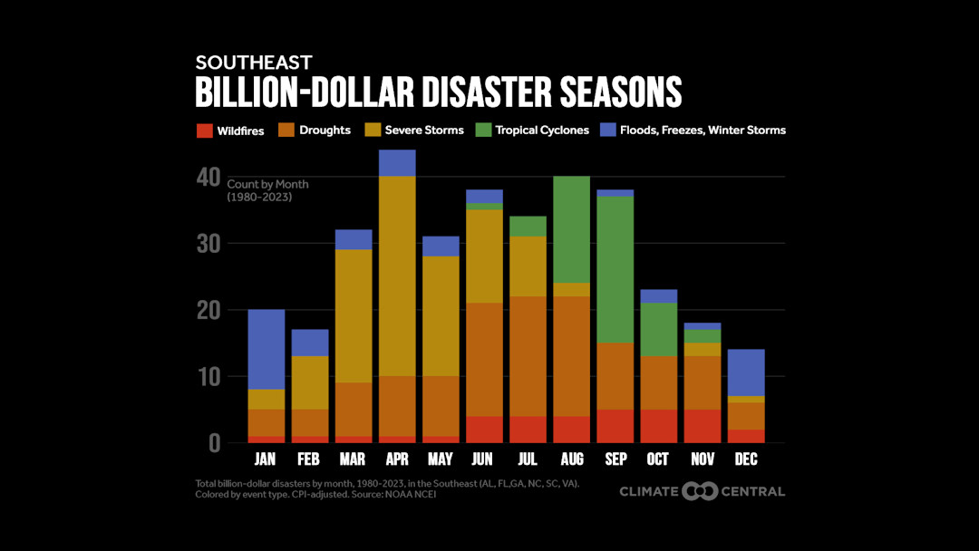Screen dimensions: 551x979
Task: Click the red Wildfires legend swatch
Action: (x=204, y=130)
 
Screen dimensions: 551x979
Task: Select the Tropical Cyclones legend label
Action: (x=542, y=130)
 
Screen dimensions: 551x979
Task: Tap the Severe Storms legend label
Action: (x=424, y=130)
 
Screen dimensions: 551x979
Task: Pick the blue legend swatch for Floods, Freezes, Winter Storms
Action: (x=608, y=130)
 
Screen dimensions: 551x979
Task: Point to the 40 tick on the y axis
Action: (x=208, y=178)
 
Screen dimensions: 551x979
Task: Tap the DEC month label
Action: (x=746, y=459)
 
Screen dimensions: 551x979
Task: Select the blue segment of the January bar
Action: (x=267, y=349)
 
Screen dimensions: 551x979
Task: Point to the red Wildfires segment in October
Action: (x=659, y=426)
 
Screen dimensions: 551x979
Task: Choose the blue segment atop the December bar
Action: (x=746, y=372)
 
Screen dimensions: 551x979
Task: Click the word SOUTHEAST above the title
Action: (x=254, y=63)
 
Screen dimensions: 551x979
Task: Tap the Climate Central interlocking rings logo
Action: (x=701, y=491)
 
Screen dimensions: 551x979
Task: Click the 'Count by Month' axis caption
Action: (x=267, y=184)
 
